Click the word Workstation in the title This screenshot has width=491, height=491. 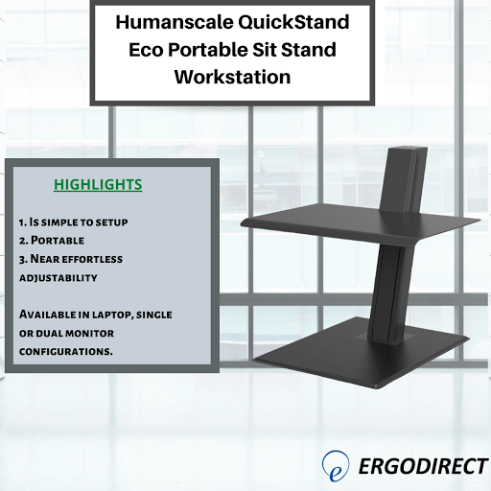tap(232, 78)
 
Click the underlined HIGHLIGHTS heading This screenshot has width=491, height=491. tap(98, 184)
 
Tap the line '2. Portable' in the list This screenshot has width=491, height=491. tap(52, 240)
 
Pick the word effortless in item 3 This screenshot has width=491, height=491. tap(95, 259)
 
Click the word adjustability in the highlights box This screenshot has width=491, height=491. tap(57, 277)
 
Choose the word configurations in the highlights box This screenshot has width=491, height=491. tap(66, 351)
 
